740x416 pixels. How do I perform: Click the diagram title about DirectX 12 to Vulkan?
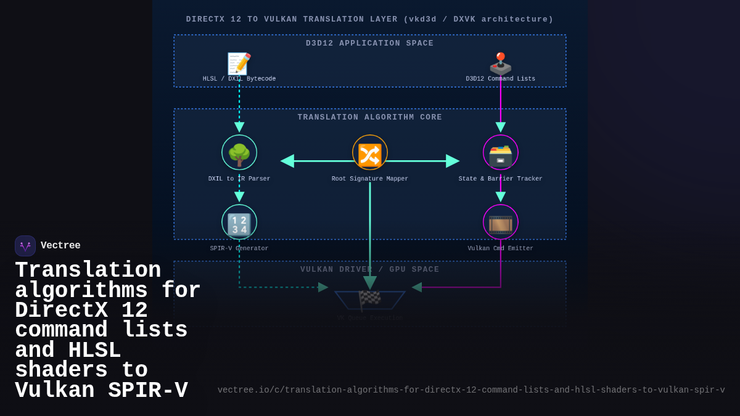[x=370, y=20]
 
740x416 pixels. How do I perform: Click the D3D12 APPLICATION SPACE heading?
[x=370, y=44]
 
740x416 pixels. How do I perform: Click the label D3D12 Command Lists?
[x=501, y=79]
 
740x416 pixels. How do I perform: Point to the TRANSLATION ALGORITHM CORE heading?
[x=370, y=118]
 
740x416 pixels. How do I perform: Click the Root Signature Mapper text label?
[x=370, y=179]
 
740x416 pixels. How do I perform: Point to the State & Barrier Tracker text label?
[x=501, y=179]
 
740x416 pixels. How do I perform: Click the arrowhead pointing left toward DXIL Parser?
[x=287, y=161]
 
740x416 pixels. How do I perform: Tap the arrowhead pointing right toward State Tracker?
[x=453, y=161]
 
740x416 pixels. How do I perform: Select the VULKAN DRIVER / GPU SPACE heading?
[x=370, y=270]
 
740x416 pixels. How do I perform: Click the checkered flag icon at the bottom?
[x=370, y=300]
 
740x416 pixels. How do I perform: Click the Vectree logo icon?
[x=25, y=246]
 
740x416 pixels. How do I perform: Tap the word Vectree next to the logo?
[x=60, y=246]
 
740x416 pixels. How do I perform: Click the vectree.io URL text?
[x=471, y=390]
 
